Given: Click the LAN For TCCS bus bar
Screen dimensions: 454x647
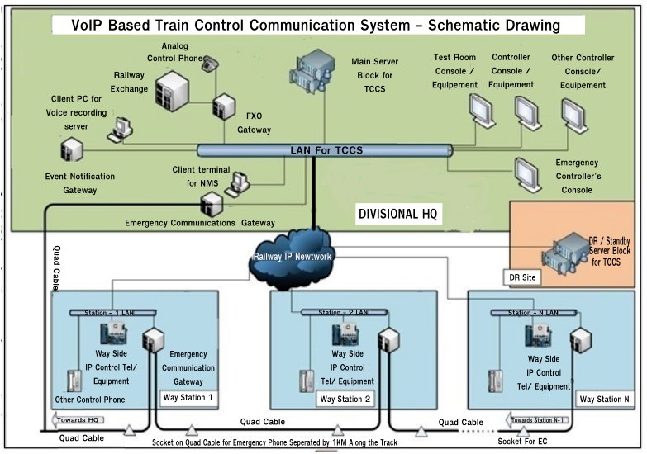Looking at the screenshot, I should (x=325, y=150).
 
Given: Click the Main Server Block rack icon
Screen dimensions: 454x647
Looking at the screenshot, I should (x=312, y=70).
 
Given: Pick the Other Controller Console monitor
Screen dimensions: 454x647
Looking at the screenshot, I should (x=572, y=110).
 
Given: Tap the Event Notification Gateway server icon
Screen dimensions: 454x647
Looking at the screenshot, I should (x=72, y=149).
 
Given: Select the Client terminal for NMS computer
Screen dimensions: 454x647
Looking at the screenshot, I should (x=240, y=180).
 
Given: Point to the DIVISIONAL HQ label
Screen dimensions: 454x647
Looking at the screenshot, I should (x=400, y=214).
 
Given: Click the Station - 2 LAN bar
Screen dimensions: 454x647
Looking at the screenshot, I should (x=339, y=313).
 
